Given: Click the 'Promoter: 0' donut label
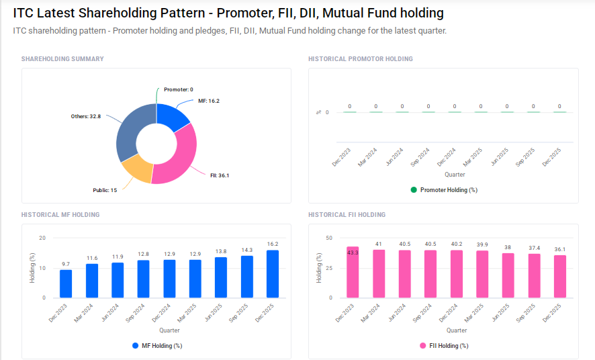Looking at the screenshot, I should pyautogui.click(x=178, y=89).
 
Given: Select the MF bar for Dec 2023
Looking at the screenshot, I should pyautogui.click(x=66, y=283).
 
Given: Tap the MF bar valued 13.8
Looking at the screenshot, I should pyautogui.click(x=221, y=277).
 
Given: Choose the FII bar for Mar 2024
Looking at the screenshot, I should pyautogui.click(x=379, y=273).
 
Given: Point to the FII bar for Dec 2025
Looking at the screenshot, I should pyautogui.click(x=560, y=276).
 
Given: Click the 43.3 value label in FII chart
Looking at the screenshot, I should pyautogui.click(x=353, y=253).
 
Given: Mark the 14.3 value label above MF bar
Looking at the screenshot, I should pyautogui.click(x=247, y=250).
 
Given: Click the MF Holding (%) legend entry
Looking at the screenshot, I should pyautogui.click(x=157, y=346).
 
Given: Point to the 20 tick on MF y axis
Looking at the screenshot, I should pyautogui.click(x=42, y=238).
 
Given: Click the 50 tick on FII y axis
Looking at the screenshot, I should pyautogui.click(x=328, y=238).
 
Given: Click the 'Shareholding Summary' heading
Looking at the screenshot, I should pyautogui.click(x=62, y=59).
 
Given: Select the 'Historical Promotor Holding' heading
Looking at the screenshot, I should pyautogui.click(x=360, y=59).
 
